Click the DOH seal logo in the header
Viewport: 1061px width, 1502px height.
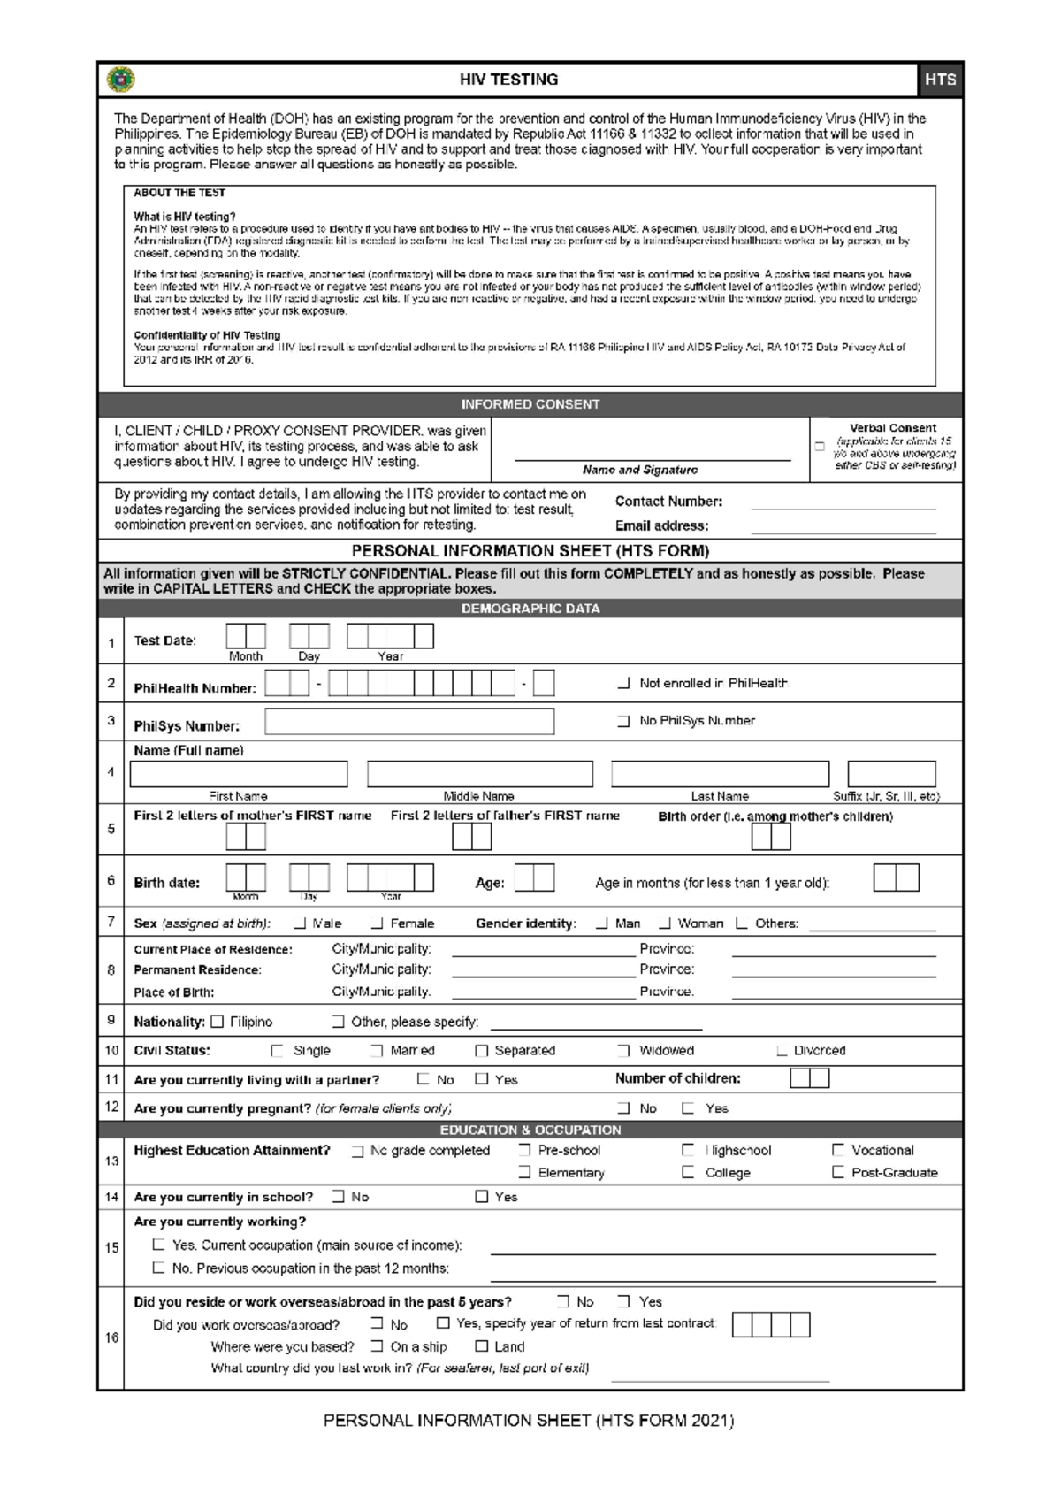click(120, 80)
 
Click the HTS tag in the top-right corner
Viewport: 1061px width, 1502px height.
click(940, 80)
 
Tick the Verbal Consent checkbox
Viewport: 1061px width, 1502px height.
click(820, 447)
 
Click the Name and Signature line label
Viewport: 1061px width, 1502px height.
click(640, 470)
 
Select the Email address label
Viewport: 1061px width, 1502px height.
click(661, 525)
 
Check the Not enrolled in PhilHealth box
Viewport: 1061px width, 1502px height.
click(624, 683)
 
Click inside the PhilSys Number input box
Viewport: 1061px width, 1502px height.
click(409, 722)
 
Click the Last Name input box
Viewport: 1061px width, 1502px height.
click(720, 774)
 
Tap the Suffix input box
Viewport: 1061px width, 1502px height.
click(891, 774)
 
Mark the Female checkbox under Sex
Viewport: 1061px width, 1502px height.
click(378, 923)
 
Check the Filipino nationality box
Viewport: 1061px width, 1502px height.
click(218, 1022)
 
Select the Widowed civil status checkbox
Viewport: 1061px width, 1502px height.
click(624, 1051)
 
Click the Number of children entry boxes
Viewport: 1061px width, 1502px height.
click(809, 1078)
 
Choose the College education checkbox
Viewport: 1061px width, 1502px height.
click(688, 1172)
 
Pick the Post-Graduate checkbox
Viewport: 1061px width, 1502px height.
click(838, 1172)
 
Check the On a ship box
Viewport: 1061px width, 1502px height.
click(378, 1346)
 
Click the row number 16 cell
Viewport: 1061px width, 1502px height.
click(111, 1337)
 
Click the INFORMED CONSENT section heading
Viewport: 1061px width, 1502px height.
click(530, 404)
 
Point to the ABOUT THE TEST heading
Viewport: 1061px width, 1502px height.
click(179, 193)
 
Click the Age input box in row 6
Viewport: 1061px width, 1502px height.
click(534, 878)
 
